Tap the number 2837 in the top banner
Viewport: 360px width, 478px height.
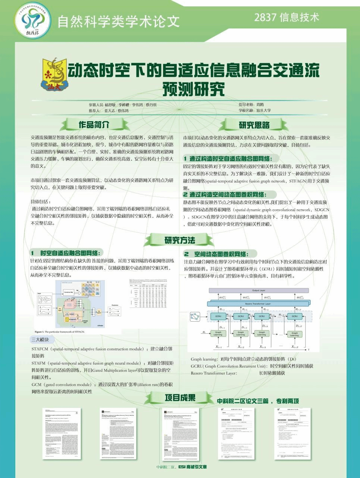[265, 17]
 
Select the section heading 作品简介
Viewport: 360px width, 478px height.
[94, 124]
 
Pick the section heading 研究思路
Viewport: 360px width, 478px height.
[254, 125]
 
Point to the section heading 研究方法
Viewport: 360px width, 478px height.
[180, 240]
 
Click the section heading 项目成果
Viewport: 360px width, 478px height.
[180, 398]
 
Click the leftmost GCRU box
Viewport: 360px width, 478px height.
[219, 316]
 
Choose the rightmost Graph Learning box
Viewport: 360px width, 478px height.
[294, 334]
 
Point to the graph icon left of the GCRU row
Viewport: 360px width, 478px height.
[195, 317]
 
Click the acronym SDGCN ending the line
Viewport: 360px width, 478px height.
[322, 210]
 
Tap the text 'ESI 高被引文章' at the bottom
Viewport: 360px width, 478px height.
[192, 467]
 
